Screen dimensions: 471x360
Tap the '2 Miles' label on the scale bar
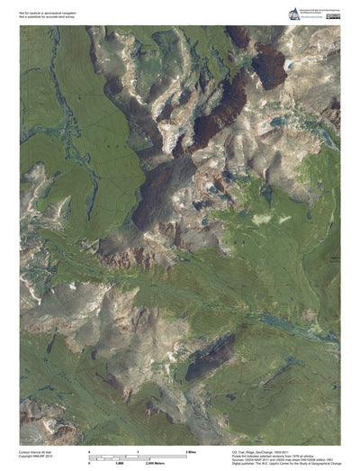tap(192, 449)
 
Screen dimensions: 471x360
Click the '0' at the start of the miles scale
tap(89, 449)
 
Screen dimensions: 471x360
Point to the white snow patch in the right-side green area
tap(263, 219)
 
